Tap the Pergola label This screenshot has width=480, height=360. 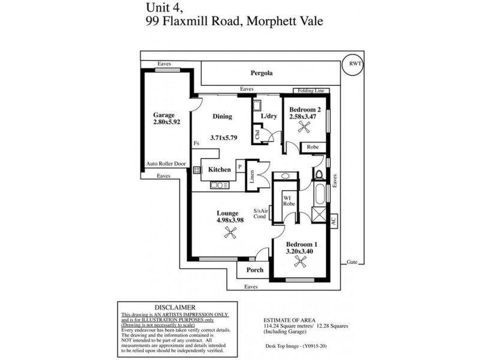[262, 73]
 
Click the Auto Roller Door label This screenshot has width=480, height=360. [166, 163]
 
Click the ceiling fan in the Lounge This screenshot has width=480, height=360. [228, 235]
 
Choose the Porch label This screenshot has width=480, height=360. [254, 270]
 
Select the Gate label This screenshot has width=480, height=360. [352, 262]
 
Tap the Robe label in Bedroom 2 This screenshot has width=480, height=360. [312, 147]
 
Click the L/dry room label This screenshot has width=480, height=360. [268, 116]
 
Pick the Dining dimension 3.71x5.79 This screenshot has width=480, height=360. [224, 137]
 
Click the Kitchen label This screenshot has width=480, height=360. [220, 170]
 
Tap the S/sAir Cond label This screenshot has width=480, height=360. [260, 214]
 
